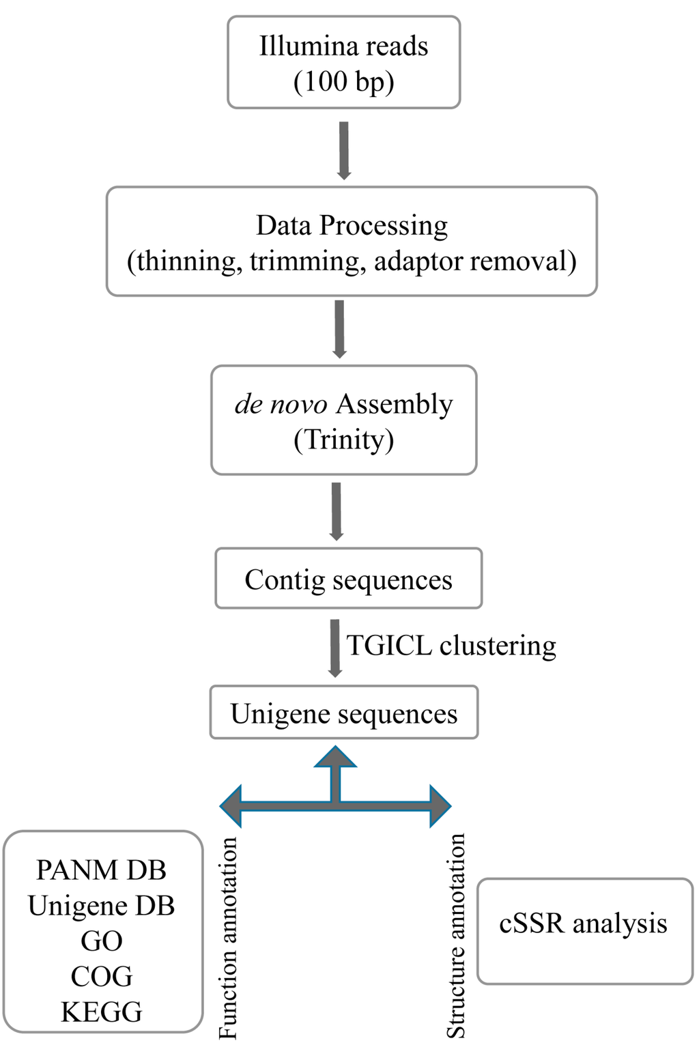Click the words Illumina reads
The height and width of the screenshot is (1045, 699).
tap(343, 46)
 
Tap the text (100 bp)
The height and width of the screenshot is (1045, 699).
tap(343, 82)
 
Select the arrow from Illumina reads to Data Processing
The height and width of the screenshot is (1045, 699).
tap(344, 150)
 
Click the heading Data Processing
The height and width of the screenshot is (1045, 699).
tap(352, 225)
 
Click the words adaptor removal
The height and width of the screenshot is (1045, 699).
tap(475, 261)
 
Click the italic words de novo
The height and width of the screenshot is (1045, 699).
tap(281, 404)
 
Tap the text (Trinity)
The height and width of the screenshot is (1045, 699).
tap(343, 440)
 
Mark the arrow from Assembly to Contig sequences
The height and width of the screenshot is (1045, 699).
tap(336, 511)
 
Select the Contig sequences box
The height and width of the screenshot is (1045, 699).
tap(348, 579)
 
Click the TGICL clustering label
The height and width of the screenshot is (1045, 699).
tap(451, 646)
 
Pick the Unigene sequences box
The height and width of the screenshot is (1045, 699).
tap(343, 713)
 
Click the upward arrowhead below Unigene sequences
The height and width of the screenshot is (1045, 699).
tap(335, 758)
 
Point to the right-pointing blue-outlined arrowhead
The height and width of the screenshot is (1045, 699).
tap(440, 806)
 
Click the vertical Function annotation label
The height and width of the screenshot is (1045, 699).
tap(227, 939)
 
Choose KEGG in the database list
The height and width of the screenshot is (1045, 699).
tap(102, 1012)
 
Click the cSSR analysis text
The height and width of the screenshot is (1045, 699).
tap(583, 924)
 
